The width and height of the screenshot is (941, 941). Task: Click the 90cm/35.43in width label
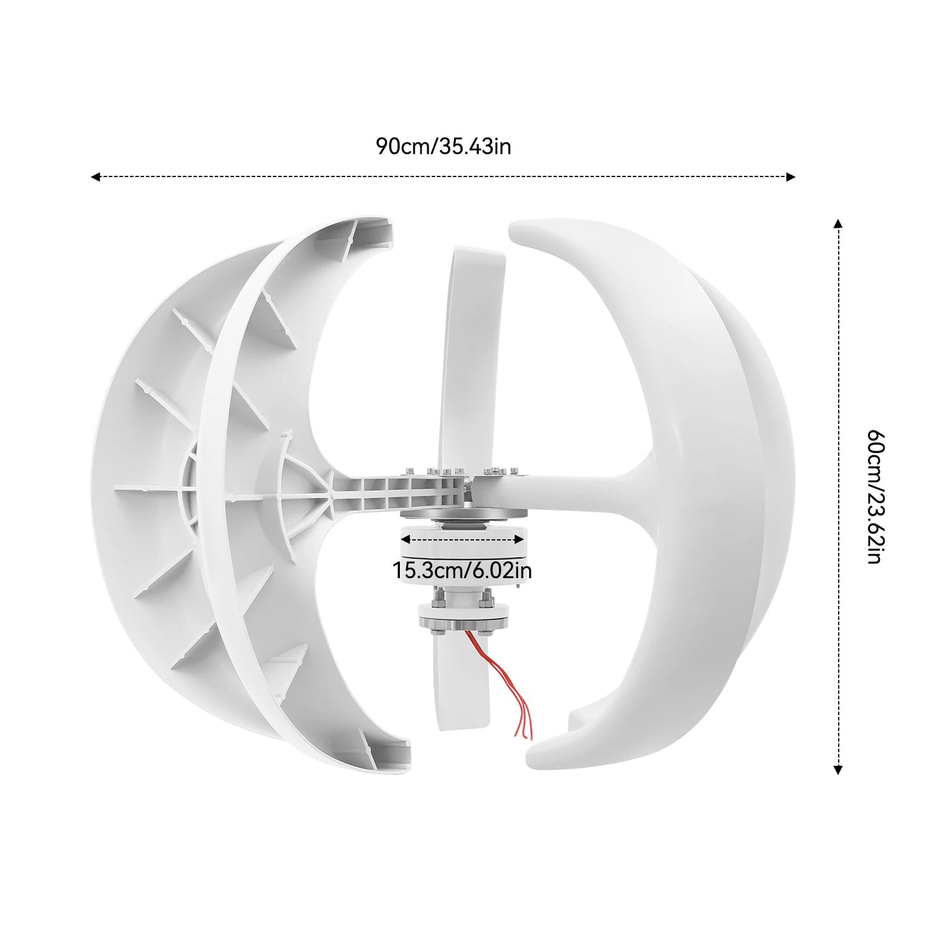443,147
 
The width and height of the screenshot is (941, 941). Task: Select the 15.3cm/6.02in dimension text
462,571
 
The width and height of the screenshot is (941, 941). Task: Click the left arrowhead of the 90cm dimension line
95,176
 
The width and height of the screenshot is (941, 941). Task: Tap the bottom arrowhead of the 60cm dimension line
838,770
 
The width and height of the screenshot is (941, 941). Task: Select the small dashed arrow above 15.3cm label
462,539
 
